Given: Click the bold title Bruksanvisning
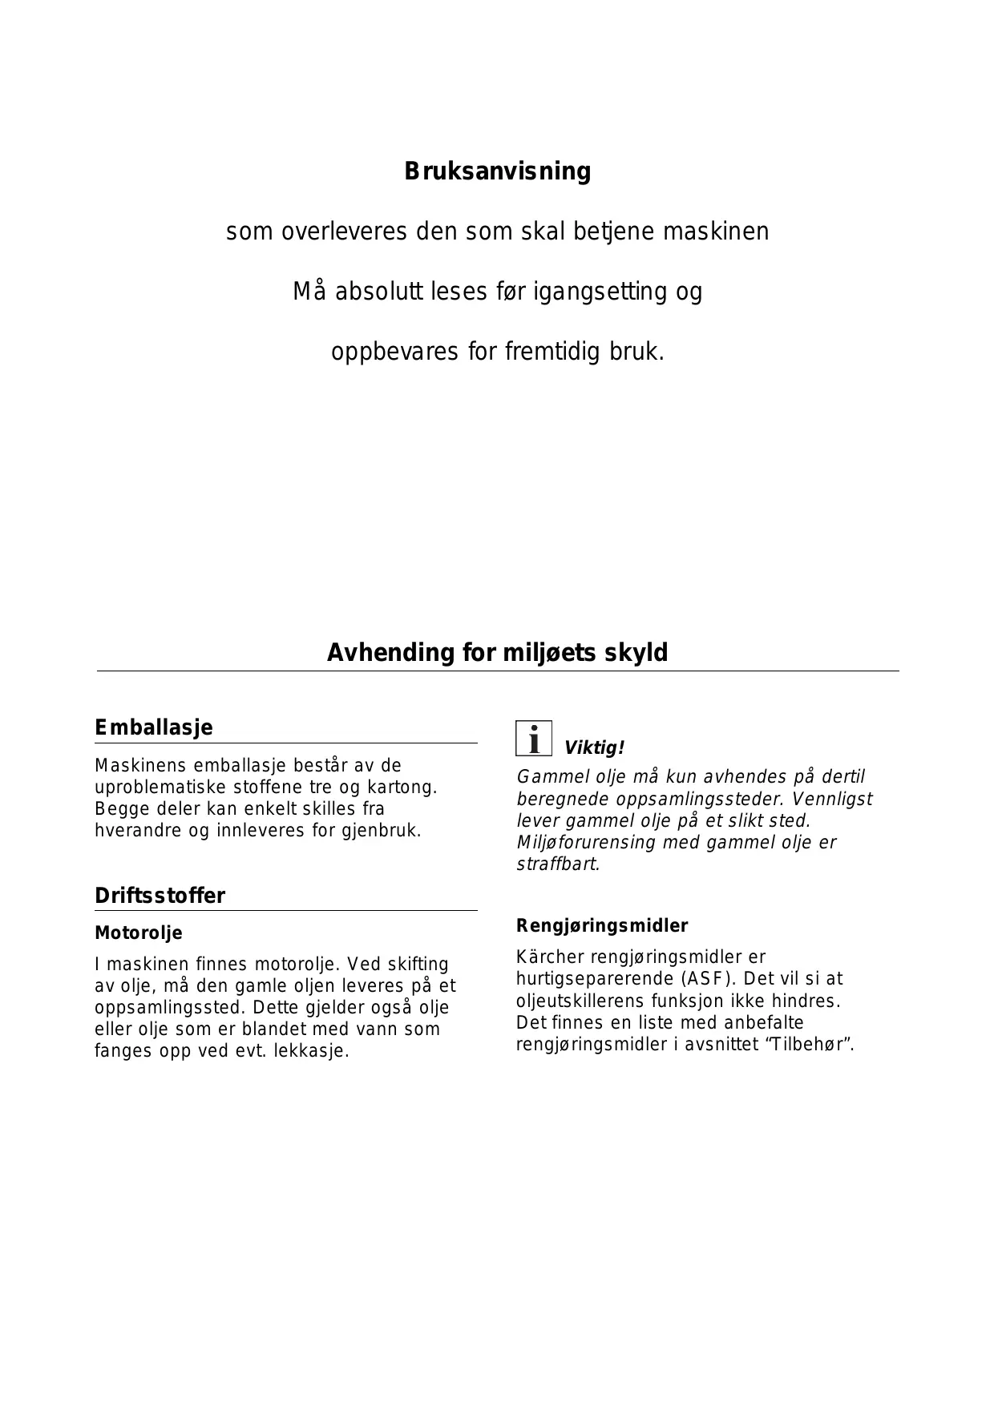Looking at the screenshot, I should (x=497, y=171).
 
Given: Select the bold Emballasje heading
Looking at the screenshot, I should (x=154, y=727).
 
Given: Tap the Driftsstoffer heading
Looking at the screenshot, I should (x=160, y=896).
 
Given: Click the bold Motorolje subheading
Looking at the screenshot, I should (x=139, y=933).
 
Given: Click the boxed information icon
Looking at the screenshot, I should (x=533, y=738).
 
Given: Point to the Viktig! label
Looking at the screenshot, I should (x=594, y=748).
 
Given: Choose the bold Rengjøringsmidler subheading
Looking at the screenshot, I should (x=602, y=926).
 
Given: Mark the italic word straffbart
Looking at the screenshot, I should (x=558, y=865).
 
